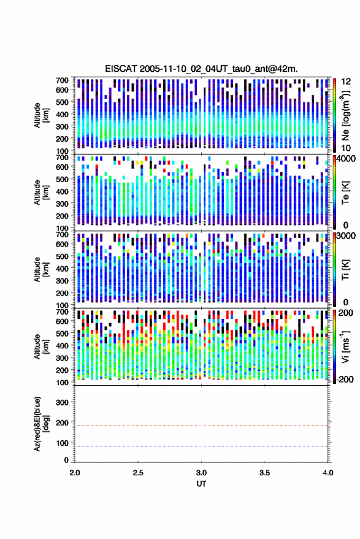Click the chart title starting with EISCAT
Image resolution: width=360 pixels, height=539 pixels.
coord(201,69)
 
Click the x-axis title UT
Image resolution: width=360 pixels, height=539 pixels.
coord(201,484)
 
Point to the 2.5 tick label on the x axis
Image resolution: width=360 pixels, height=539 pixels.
coord(138,473)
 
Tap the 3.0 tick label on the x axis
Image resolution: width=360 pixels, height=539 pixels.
coord(201,473)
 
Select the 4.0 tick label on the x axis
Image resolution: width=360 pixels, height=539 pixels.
coord(328,473)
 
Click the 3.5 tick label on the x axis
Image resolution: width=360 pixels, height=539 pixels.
coord(264,473)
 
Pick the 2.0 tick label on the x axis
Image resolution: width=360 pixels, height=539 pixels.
coord(75,473)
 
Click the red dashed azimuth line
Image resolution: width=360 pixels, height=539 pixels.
coord(201,426)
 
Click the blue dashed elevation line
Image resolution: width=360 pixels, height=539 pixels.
coord(201,446)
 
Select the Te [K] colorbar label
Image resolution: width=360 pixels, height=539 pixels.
coord(345,193)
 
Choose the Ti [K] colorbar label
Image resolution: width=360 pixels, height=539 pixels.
coord(345,270)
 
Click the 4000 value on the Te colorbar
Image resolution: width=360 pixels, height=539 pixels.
coord(347,159)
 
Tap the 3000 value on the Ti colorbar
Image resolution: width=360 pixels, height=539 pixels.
coord(347,236)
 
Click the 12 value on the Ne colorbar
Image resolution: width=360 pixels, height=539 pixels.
coord(347,82)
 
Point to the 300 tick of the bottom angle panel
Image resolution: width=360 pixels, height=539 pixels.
coord(62,402)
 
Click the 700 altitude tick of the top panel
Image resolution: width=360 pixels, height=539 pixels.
coord(62,80)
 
